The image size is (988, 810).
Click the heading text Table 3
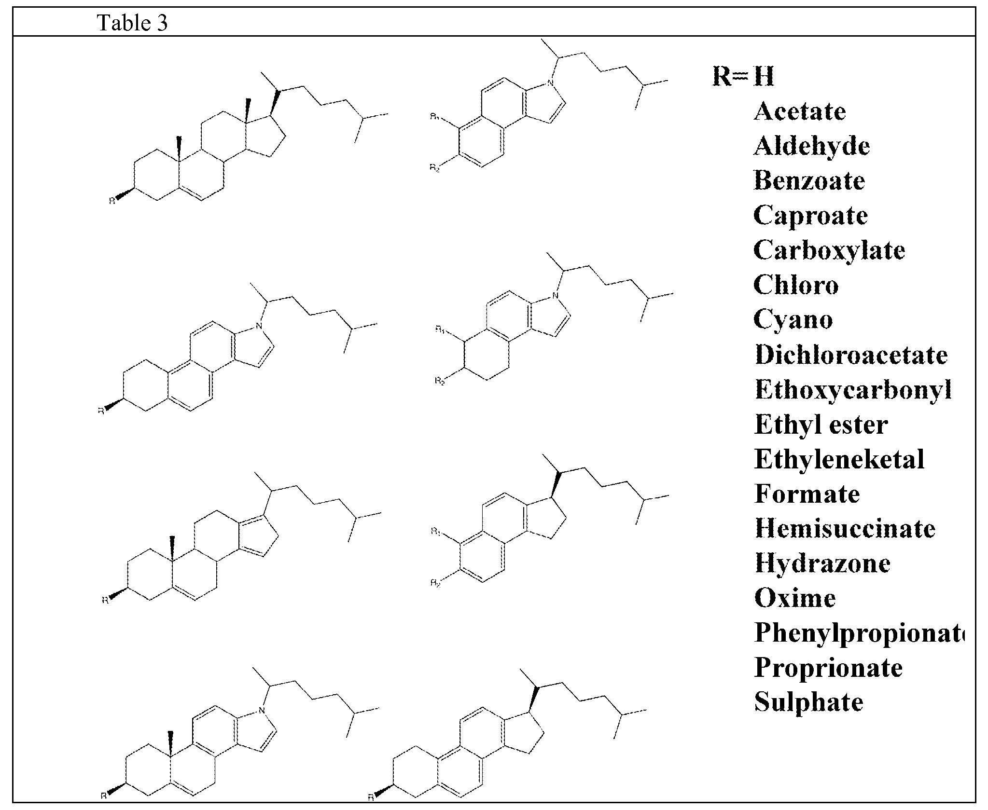(x=133, y=23)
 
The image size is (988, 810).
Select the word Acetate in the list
(x=799, y=111)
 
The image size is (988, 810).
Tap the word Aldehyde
(x=811, y=146)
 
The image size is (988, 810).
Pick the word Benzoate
(x=809, y=181)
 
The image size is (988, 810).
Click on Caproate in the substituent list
(x=810, y=215)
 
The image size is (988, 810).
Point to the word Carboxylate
(x=829, y=250)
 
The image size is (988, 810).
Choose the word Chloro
(x=796, y=285)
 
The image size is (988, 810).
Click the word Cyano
(x=793, y=320)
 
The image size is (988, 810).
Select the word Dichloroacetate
(x=851, y=355)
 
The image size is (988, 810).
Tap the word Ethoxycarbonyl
(x=853, y=389)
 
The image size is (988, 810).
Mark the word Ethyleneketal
(x=839, y=459)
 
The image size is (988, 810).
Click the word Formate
(x=807, y=494)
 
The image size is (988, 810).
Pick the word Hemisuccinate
(x=845, y=528)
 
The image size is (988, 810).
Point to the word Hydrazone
(x=822, y=563)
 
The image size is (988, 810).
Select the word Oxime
(x=794, y=598)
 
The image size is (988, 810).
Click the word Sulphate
(x=808, y=702)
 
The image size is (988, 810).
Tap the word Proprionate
(x=828, y=668)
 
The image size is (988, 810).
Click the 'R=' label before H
(x=730, y=76)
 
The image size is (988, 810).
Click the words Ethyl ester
(x=821, y=425)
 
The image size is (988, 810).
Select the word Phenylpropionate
(x=859, y=632)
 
